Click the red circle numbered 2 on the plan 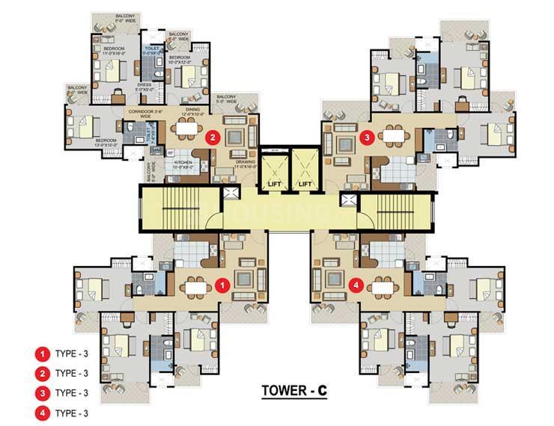[x=213, y=138]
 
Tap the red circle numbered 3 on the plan [x=365, y=138]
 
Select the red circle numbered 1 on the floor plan [x=221, y=285]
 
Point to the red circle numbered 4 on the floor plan [x=357, y=285]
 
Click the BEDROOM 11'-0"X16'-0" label [x=113, y=52]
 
